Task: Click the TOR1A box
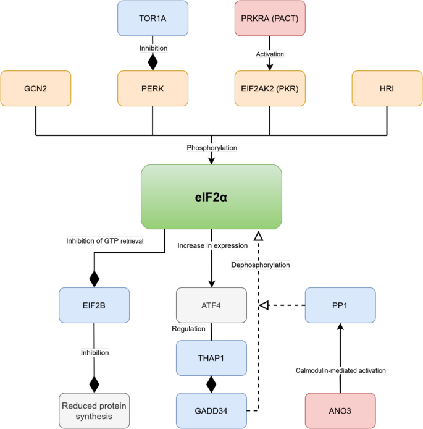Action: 153,17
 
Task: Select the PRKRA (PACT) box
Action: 270,17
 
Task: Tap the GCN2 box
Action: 36,88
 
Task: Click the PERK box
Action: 153,88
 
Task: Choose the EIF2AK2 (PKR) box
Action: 270,88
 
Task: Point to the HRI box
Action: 387,88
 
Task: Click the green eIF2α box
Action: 212,197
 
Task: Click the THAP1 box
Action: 212,358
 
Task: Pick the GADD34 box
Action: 212,410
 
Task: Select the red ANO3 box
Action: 340,410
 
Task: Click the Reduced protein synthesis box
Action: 94,410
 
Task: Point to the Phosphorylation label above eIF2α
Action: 212,148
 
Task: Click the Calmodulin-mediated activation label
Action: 340,370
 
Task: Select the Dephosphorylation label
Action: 260,265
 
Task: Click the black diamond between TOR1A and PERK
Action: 153,62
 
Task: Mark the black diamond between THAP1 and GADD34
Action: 212,384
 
